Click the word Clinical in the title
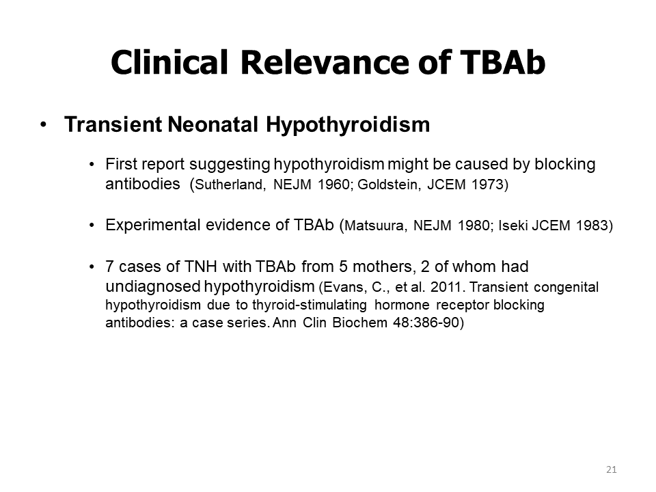[169, 62]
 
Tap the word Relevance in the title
[324, 62]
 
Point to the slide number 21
[611, 469]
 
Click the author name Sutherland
[230, 184]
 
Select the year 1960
[334, 184]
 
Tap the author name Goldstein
[389, 184]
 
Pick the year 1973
[488, 184]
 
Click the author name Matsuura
[375, 225]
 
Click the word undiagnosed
[153, 286]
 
